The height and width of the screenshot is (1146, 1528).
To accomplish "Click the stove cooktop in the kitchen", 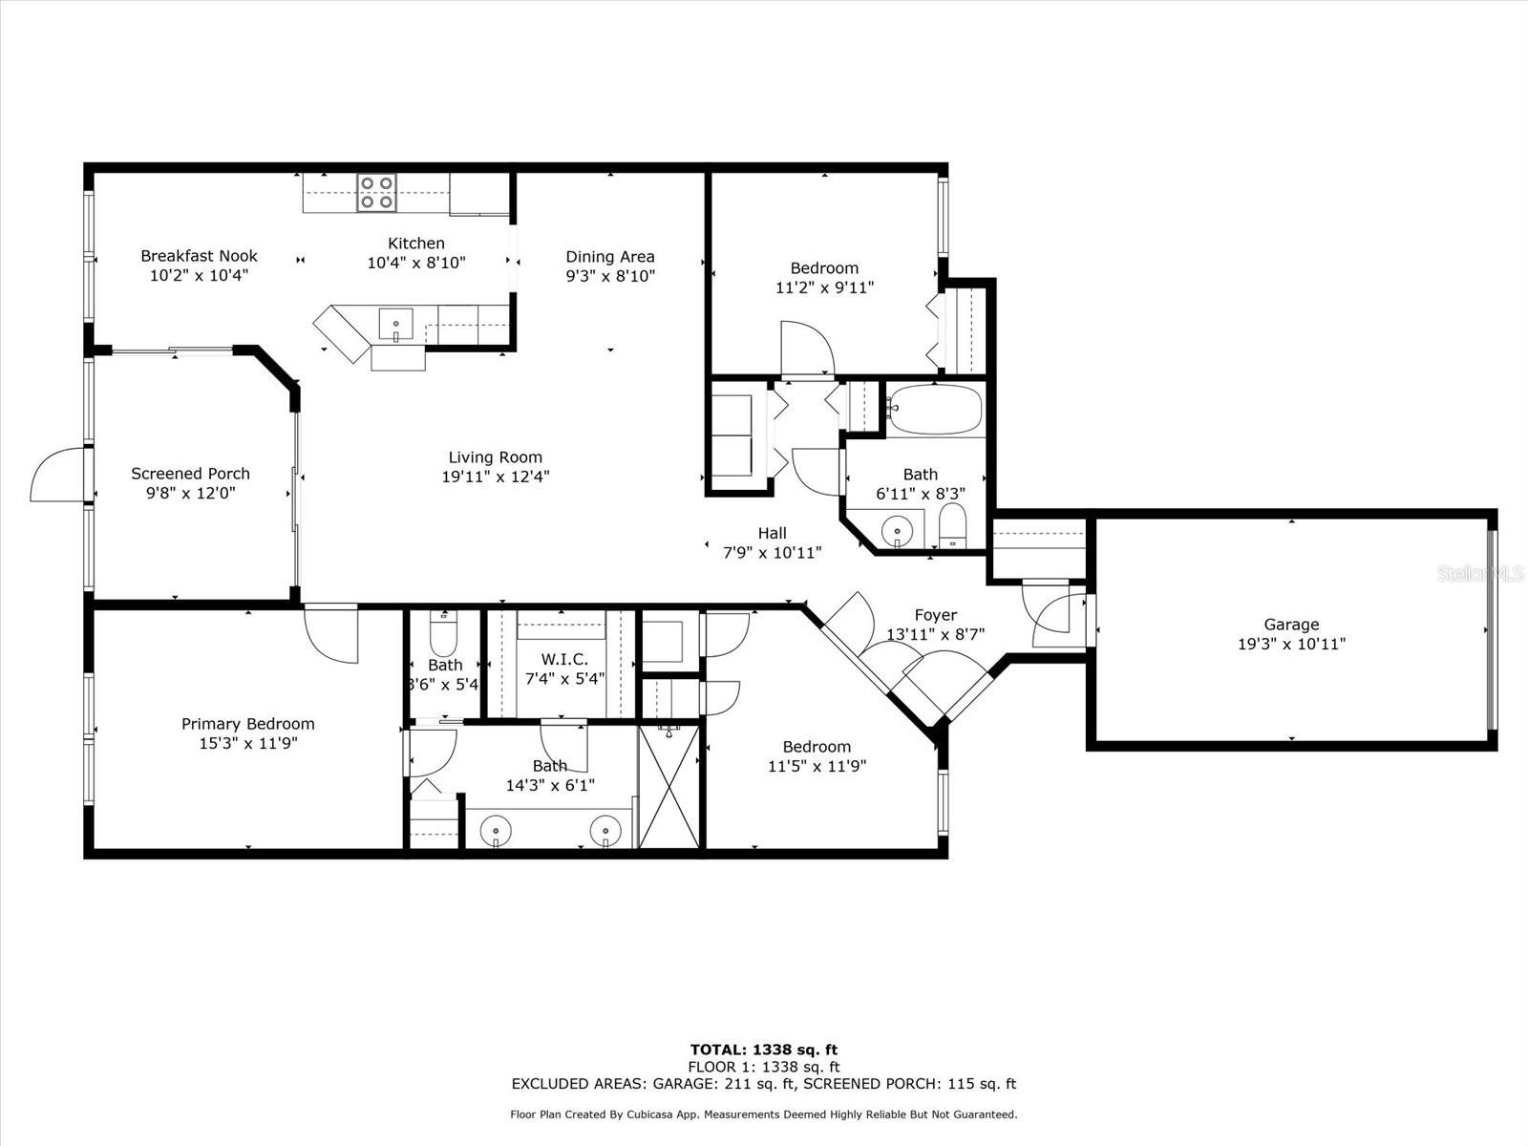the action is [x=376, y=193].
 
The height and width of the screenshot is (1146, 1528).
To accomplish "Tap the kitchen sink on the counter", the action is [x=395, y=325].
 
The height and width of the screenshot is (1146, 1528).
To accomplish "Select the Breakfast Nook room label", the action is [x=199, y=256].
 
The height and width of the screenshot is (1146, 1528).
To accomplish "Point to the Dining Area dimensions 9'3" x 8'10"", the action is [x=610, y=276].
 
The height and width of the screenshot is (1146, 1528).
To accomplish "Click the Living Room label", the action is [x=495, y=457].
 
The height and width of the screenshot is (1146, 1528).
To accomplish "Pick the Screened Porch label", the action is [x=190, y=474].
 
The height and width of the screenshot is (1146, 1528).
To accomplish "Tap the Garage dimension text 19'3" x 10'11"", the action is [x=1291, y=645].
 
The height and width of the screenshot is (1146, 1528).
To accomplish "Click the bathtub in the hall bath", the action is [x=936, y=410].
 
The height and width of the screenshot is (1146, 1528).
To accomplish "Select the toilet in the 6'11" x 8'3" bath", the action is [x=951, y=526].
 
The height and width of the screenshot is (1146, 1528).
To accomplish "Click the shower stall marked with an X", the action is [x=669, y=786].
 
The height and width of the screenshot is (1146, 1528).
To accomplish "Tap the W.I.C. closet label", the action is [x=564, y=659].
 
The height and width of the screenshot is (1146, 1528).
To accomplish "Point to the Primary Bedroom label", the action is [x=247, y=724].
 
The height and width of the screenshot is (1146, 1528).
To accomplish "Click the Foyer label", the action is [x=936, y=615].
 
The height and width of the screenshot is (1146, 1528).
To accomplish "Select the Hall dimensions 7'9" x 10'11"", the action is [x=772, y=553].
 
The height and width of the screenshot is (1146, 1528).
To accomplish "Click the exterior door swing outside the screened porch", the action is [x=57, y=474].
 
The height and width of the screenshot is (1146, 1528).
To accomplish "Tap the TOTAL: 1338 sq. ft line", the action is [x=764, y=1050].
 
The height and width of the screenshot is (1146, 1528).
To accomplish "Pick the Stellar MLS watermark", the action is [x=1480, y=574].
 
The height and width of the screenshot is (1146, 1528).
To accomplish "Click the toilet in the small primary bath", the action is [x=443, y=632].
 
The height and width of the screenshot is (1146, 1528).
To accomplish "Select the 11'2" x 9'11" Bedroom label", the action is [x=824, y=278].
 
